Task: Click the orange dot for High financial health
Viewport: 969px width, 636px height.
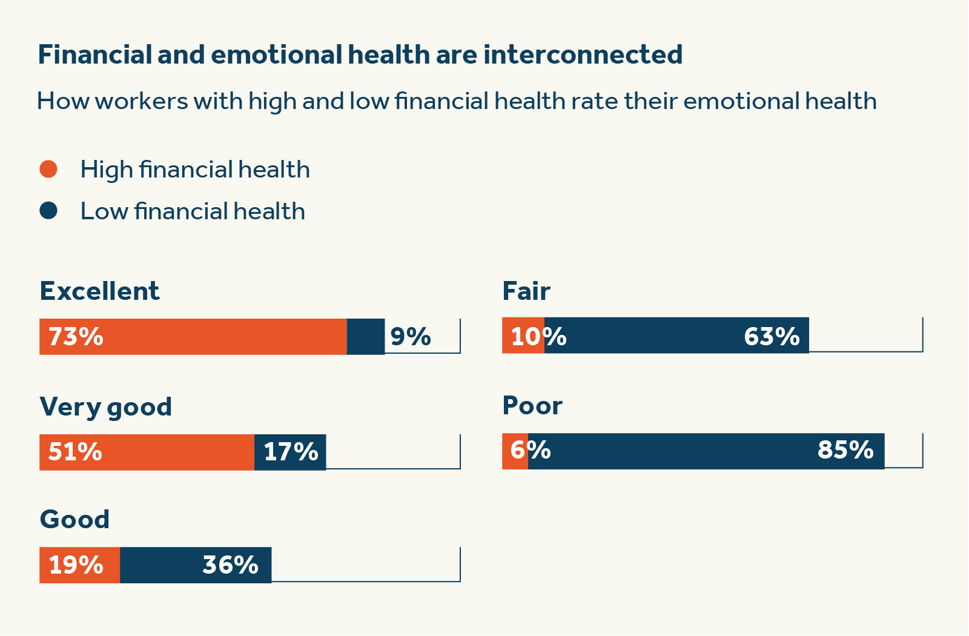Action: (48, 169)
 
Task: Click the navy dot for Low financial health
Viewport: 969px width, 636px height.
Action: (48, 211)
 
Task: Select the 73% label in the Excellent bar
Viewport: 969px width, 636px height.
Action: (76, 337)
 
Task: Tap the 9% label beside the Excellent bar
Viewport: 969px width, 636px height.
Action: (411, 337)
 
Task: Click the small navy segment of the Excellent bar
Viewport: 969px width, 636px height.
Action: (365, 337)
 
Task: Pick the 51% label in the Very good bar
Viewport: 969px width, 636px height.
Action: (75, 452)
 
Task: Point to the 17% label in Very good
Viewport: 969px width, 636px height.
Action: (291, 452)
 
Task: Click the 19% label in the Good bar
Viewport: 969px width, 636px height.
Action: (76, 565)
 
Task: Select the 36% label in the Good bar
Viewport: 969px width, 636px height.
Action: (230, 565)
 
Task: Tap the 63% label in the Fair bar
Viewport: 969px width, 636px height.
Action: (772, 336)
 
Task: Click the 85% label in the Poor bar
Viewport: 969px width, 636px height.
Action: (845, 450)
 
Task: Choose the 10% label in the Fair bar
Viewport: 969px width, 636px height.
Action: (538, 336)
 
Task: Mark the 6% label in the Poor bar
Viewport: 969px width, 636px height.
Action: (531, 450)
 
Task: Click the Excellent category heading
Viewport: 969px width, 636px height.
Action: (99, 291)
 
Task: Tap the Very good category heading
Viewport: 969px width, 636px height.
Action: (105, 407)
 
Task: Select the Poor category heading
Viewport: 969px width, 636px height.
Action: (532, 406)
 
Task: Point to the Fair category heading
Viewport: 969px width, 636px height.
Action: (526, 291)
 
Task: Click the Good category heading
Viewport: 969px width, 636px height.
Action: (74, 520)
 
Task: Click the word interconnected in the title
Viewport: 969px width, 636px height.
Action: (583, 55)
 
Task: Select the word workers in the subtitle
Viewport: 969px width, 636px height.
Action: (141, 101)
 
